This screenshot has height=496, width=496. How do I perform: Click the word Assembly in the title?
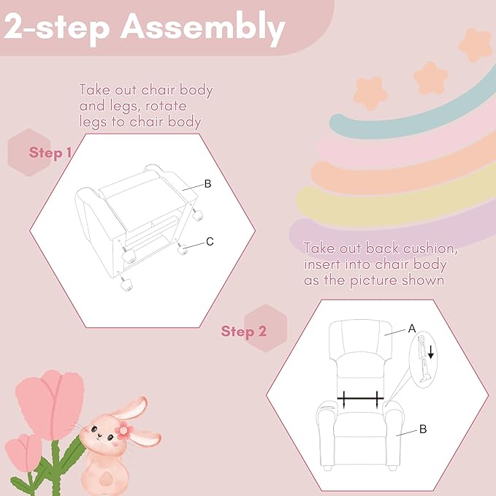[x=203, y=28]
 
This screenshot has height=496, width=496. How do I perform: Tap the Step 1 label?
[x=50, y=153]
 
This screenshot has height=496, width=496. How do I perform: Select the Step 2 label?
[x=243, y=332]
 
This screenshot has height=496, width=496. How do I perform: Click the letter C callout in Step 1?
[x=210, y=242]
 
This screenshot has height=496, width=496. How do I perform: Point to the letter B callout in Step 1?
[x=208, y=184]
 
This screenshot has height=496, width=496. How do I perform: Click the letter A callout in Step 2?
[x=412, y=329]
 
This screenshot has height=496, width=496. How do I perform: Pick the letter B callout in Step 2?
[x=423, y=430]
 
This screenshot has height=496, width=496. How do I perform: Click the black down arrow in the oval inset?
[x=430, y=352]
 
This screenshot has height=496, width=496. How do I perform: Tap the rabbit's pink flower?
[x=123, y=430]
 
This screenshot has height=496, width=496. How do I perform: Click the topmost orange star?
[x=475, y=45]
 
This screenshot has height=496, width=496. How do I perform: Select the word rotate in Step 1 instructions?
[x=166, y=106]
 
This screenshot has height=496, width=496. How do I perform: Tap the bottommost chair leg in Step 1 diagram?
[x=126, y=284]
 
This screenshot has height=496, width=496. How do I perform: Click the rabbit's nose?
[x=99, y=435]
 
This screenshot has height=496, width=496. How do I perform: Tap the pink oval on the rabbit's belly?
[x=105, y=479]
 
